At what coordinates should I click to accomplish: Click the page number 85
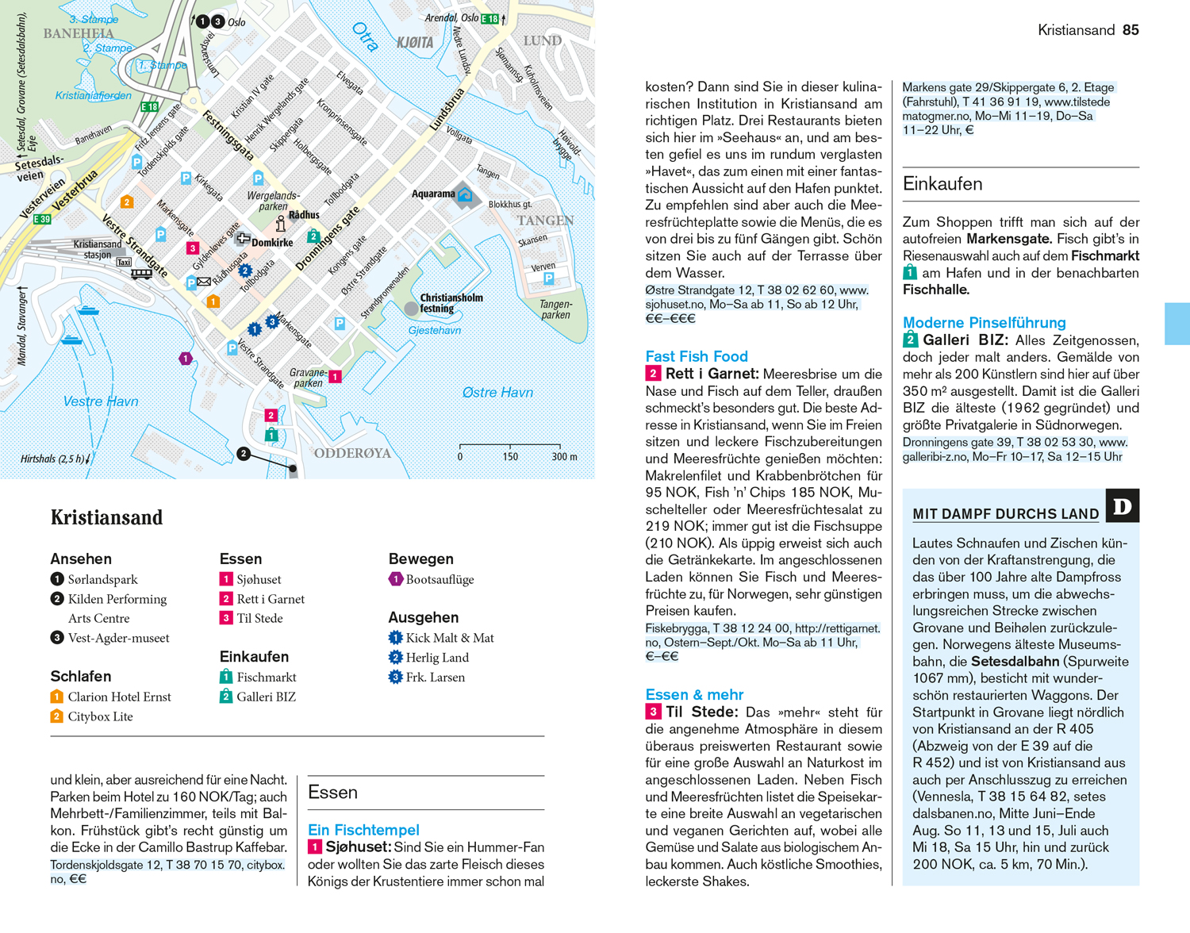[x=1130, y=30]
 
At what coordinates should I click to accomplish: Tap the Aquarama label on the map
[x=433, y=194]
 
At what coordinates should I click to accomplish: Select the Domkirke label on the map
[x=272, y=243]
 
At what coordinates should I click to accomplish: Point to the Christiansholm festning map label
[x=451, y=303]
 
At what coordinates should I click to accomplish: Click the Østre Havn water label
[x=497, y=392]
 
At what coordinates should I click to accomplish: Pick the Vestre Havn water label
[x=101, y=401]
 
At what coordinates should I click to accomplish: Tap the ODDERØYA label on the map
[x=353, y=453]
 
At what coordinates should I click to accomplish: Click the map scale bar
[x=510, y=447]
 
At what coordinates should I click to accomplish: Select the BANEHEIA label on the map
[x=79, y=33]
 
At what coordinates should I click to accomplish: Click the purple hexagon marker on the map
[x=186, y=359]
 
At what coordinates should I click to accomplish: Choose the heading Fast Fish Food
[x=697, y=356]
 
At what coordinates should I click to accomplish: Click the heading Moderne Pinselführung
[x=984, y=322]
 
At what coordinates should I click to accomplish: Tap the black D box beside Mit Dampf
[x=1123, y=505]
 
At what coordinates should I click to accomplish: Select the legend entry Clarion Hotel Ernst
[x=119, y=697]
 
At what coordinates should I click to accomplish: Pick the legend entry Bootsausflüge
[x=440, y=579]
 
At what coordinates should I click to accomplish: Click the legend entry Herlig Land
[x=437, y=657]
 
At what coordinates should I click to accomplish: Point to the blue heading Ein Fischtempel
[x=363, y=829]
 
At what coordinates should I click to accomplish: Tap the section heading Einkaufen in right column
[x=942, y=183]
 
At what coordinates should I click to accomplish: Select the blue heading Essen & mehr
[x=694, y=694]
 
